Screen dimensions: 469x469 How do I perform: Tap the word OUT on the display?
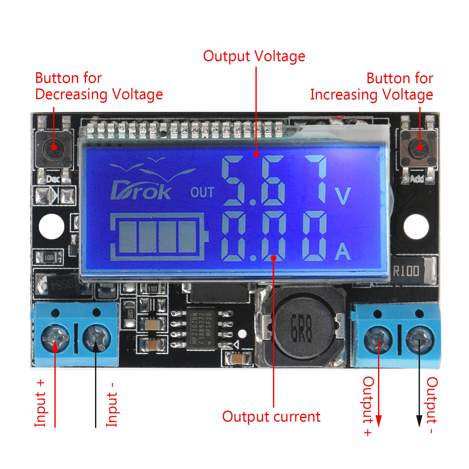pyautogui.click(x=202, y=192)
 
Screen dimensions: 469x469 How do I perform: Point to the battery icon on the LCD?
pyautogui.click(x=159, y=237)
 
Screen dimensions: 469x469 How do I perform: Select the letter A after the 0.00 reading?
pyautogui.click(x=343, y=252)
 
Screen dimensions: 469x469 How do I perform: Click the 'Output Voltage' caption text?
pyautogui.click(x=254, y=56)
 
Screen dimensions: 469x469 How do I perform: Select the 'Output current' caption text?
pyautogui.click(x=271, y=417)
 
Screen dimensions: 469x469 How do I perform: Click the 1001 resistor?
pyautogui.click(x=49, y=258)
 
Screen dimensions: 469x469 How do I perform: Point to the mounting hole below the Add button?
pyautogui.click(x=416, y=226)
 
